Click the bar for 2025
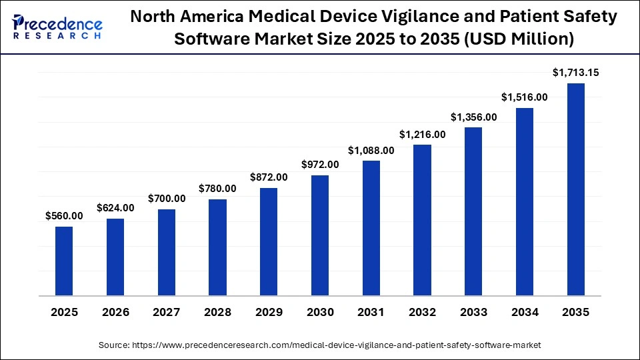point(64,261)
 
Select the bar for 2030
point(320,235)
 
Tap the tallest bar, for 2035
point(576,189)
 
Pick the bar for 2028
point(217,247)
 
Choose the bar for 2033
point(473,211)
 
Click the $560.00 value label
point(64,215)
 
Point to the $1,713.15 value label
point(576,73)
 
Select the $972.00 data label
point(320,164)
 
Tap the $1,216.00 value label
point(423,134)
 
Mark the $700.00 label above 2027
point(167,199)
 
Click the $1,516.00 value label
point(525,97)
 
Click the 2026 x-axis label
point(115,312)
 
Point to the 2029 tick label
point(269,312)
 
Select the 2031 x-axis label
point(371,312)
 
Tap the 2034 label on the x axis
point(525,312)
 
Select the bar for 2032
point(423,219)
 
